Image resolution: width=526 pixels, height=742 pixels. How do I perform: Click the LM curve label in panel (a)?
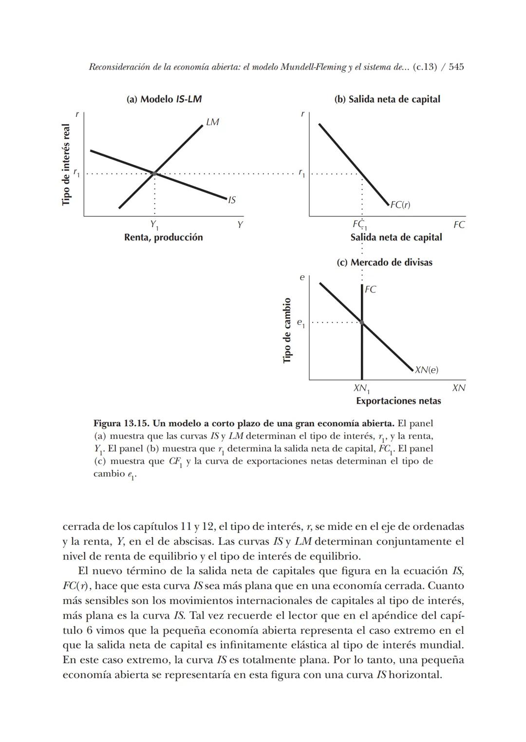coord(212,122)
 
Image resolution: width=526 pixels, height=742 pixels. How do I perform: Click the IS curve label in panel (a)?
coord(232,200)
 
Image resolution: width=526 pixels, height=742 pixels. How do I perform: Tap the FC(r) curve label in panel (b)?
coord(400,205)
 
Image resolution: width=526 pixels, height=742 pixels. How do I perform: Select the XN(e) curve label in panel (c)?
coord(427,370)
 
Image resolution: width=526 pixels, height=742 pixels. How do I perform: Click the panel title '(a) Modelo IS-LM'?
coord(164,99)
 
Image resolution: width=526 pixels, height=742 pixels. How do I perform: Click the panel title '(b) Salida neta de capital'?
coord(387,99)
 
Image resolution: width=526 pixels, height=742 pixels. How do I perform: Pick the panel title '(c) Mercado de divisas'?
coord(384,263)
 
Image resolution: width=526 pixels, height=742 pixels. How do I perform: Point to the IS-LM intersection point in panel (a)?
coord(154,173)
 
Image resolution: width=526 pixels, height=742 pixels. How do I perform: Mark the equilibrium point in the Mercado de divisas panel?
coord(362,322)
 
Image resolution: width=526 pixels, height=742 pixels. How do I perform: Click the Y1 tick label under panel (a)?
coord(154,225)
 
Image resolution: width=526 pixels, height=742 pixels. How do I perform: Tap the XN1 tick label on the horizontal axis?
coord(361,388)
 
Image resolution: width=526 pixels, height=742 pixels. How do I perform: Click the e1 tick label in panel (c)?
coord(301,323)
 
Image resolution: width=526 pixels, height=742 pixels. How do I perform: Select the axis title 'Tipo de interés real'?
coord(66,165)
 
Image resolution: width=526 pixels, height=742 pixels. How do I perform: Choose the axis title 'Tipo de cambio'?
coord(287,330)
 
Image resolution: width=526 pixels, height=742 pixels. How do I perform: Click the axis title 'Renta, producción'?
coord(163,238)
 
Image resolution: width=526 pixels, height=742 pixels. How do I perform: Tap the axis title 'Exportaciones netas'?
coord(398,401)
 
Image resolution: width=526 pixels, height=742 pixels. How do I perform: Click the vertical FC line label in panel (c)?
coord(370,289)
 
